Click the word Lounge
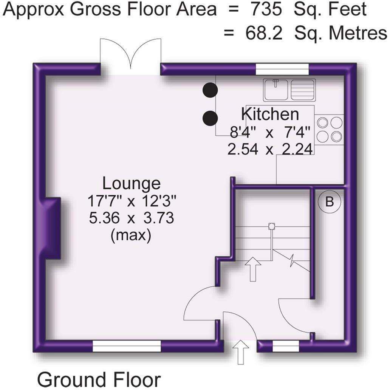[x=131, y=184]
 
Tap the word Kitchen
[x=270, y=113]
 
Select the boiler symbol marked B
[x=330, y=202]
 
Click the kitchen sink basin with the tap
[x=276, y=90]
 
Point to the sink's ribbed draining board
[x=303, y=90]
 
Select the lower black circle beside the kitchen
[x=210, y=118]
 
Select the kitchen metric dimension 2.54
[x=243, y=150]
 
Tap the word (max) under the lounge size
[x=131, y=235]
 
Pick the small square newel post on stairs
[x=271, y=227]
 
